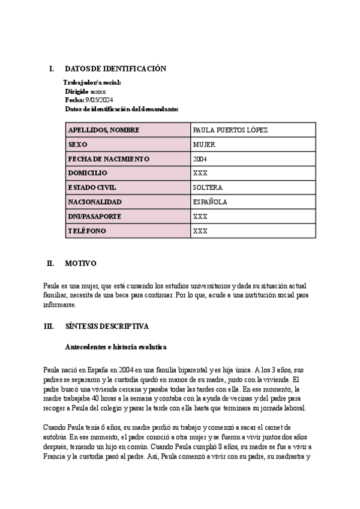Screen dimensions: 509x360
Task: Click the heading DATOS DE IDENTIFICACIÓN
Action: click(x=115, y=69)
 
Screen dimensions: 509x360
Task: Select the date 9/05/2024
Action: click(x=100, y=100)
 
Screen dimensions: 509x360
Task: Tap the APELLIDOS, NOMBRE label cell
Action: click(x=104, y=130)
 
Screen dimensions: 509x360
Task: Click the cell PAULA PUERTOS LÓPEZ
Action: click(x=230, y=130)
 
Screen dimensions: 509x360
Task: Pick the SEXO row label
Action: click(x=78, y=145)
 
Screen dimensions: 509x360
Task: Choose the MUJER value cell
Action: click(x=204, y=145)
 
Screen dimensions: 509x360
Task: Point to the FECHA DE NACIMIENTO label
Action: click(x=109, y=159)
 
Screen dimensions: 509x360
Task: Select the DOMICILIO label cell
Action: click(x=88, y=173)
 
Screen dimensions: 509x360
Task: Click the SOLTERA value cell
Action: click(x=208, y=187)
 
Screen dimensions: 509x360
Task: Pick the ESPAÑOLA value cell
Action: click(x=210, y=202)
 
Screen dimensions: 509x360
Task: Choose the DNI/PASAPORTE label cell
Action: click(x=95, y=216)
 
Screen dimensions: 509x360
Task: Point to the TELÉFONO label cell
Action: click(x=88, y=230)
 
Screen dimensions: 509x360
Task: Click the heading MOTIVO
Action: click(x=80, y=264)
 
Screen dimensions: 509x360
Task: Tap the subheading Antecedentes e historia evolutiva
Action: click(x=115, y=347)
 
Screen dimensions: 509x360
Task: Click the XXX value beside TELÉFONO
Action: click(x=200, y=230)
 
